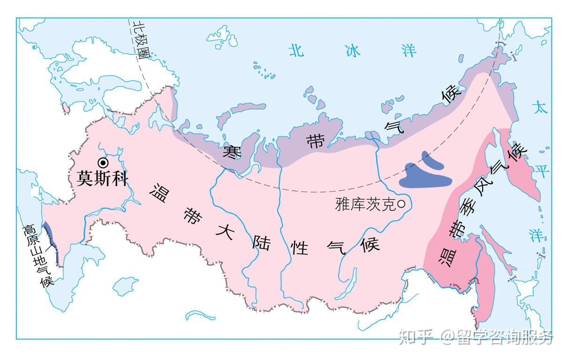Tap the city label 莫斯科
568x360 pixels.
click(x=102, y=179)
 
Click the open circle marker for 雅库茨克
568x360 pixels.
click(x=402, y=204)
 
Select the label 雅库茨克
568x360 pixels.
click(x=366, y=204)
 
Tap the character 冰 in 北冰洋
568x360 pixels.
click(x=353, y=51)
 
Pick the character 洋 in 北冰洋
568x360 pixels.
click(x=409, y=51)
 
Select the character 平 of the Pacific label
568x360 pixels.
click(x=542, y=172)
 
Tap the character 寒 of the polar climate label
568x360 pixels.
click(x=231, y=152)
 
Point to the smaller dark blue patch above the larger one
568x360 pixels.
click(x=432, y=160)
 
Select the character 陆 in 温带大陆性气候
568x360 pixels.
click(x=262, y=243)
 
